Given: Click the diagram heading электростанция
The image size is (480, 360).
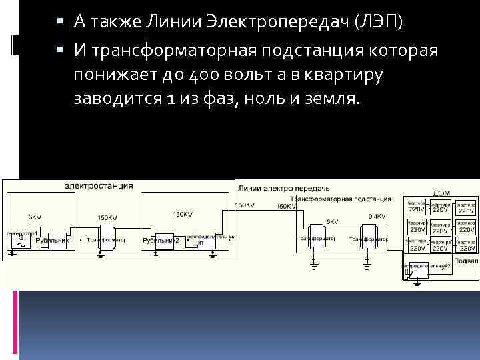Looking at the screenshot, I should (99, 185).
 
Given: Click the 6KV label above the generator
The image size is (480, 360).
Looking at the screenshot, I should (35, 217).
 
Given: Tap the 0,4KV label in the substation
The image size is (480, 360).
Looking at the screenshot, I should (377, 216).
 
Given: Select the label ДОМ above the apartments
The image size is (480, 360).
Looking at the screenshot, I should (441, 193).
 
